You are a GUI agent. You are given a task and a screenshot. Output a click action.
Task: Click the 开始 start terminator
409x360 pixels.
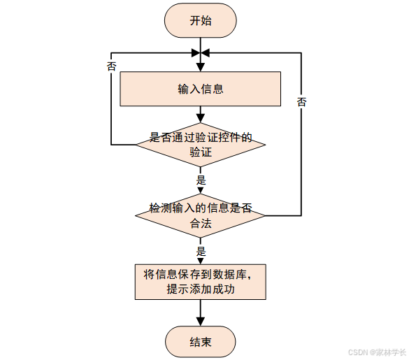coord(201,20)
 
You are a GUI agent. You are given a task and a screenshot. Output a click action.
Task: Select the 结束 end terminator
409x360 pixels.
coord(201,342)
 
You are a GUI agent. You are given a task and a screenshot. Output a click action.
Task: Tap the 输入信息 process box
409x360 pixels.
coord(201,89)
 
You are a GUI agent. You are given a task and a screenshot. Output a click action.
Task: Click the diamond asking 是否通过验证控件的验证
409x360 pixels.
coord(201,145)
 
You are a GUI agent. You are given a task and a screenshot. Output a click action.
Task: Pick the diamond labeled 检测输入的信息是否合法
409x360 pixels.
coord(201,216)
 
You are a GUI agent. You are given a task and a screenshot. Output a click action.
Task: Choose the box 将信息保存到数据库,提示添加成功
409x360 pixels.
coord(201,282)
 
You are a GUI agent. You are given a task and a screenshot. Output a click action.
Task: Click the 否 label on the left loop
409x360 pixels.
coord(111,66)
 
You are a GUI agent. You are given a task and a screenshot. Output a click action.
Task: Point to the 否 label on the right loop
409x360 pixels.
coord(301,102)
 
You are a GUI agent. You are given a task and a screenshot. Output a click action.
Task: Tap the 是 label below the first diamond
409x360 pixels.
coord(201,180)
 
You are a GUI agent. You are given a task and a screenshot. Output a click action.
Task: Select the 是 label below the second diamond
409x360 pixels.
coord(201,251)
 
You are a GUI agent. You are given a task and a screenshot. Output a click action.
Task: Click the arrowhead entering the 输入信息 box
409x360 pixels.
coord(201,68)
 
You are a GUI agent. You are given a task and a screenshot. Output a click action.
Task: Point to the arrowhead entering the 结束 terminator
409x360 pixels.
coord(201,322)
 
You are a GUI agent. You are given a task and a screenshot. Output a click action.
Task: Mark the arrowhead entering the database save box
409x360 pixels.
coord(201,261)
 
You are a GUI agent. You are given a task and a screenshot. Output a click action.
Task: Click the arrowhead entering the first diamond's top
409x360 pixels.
coord(201,119)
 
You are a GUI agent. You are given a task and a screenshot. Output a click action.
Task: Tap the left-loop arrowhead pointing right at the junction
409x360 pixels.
coord(196,53)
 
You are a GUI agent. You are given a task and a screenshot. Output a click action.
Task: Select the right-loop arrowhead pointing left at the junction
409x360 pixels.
coord(205,53)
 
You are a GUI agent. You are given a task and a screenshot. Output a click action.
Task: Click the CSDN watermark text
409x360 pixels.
coord(377,352)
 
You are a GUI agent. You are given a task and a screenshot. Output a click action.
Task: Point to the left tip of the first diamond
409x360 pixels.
coord(136,145)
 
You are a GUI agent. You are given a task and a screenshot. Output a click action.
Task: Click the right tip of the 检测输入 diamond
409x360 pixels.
coord(265,216)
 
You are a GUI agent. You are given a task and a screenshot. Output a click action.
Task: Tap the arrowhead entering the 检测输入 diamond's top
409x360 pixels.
coord(201,190)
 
